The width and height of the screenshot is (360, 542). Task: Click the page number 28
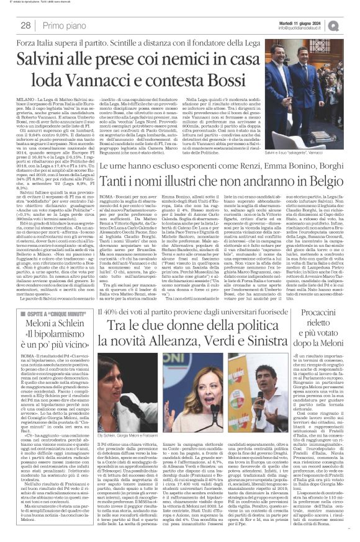(x=27, y=25)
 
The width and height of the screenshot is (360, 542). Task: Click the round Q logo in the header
(x=351, y=24)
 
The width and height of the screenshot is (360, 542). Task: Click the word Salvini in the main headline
(x=42, y=59)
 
